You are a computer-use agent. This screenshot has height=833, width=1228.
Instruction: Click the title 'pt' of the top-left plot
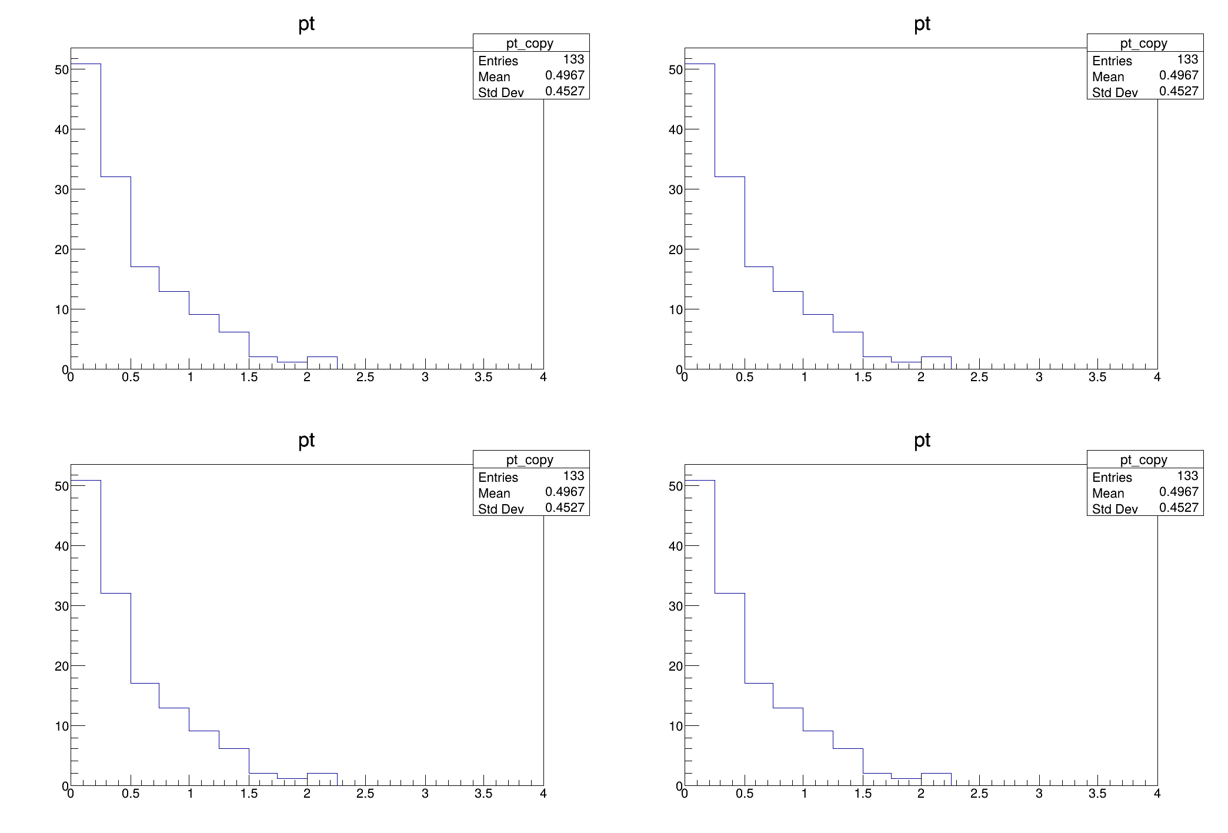306,24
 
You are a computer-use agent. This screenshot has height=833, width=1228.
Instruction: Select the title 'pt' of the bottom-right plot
922,441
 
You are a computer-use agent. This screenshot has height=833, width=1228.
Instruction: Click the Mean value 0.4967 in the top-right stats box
1179,75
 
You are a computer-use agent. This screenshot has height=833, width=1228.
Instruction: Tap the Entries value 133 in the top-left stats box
573,59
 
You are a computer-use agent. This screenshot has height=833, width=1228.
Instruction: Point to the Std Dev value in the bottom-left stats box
565,508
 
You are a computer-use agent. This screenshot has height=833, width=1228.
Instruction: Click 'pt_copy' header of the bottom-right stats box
1143,460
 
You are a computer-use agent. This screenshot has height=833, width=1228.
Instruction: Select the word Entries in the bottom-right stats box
1112,478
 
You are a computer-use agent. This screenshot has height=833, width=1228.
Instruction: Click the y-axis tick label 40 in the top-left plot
62,129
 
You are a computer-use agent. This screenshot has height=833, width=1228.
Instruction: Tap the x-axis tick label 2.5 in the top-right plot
979,377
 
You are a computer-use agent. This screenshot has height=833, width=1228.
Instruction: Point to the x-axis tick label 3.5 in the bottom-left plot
483,794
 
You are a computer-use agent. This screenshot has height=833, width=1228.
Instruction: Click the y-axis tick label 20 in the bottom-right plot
676,666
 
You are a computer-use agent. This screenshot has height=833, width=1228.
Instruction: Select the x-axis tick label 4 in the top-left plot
543,377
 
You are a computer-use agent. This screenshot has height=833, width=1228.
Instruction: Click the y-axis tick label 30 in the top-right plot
676,189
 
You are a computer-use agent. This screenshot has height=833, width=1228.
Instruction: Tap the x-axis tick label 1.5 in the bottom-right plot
863,794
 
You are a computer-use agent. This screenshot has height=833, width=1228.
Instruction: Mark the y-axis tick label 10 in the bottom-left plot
62,726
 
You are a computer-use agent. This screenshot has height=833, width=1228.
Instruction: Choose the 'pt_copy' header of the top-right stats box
1143,44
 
